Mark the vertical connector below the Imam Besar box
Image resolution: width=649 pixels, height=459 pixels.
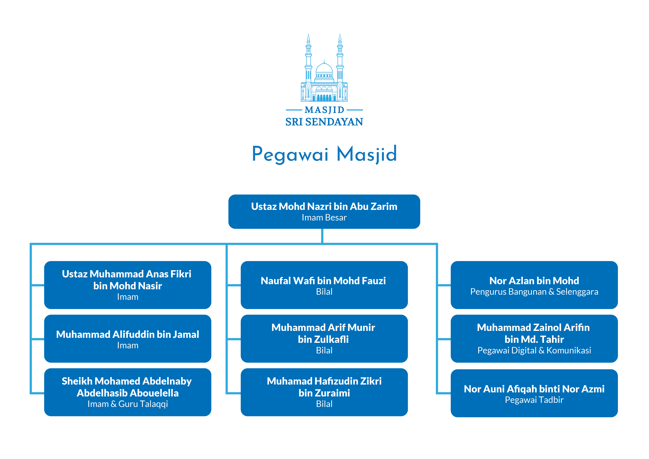(x=322, y=236)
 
